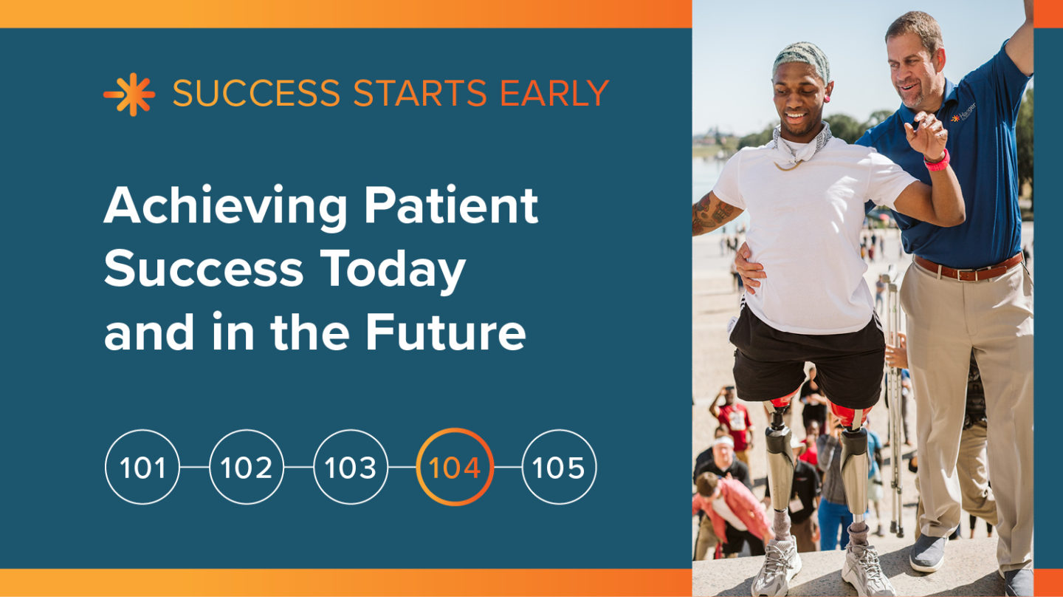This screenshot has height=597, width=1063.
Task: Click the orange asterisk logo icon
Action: (x=129, y=95)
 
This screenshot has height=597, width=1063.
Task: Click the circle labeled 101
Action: (x=142, y=468)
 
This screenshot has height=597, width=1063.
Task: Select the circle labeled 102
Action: (x=247, y=468)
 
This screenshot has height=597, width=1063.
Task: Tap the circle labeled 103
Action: (x=351, y=468)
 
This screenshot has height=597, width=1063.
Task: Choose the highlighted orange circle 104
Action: (x=455, y=468)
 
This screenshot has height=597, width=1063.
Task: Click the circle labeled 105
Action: (x=559, y=468)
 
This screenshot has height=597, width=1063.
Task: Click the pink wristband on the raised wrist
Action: (x=938, y=161)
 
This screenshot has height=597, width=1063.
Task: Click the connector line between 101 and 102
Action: (x=195, y=468)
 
